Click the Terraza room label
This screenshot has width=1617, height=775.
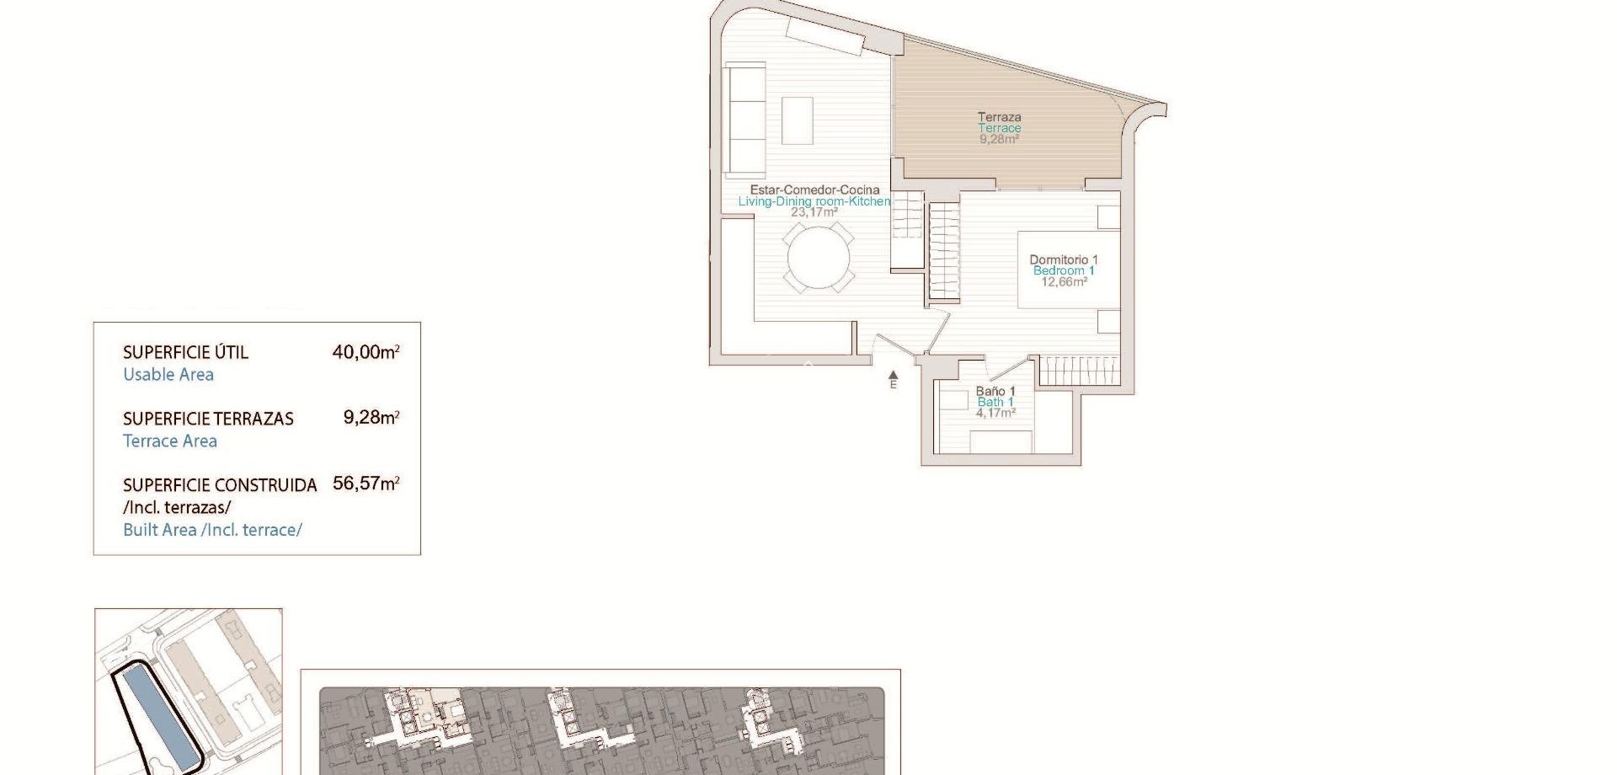[x=999, y=117]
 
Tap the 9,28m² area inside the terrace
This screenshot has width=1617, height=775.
[x=999, y=140]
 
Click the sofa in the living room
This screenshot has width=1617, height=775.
[x=745, y=119]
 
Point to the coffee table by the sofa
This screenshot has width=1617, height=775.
[x=797, y=121]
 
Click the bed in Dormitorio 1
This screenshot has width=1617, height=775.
[x=1068, y=270]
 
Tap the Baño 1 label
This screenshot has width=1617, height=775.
[x=995, y=391]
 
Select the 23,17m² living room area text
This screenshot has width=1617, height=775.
[x=814, y=212]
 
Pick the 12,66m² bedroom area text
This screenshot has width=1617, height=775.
[x=1064, y=282]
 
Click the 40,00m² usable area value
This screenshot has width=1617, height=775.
[x=366, y=352]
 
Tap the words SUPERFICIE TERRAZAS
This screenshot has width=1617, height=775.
[x=208, y=419]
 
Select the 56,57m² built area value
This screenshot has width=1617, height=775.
[x=366, y=484]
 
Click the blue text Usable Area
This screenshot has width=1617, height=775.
[x=168, y=375]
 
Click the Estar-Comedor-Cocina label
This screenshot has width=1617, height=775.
[x=814, y=190]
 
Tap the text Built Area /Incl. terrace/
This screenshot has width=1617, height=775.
[x=212, y=530]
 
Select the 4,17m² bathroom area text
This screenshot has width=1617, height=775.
[x=995, y=414]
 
